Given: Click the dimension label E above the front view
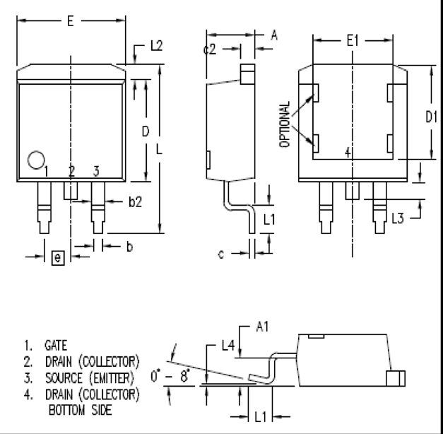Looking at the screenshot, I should click(x=70, y=21).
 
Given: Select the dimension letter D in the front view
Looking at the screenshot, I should click(x=145, y=131).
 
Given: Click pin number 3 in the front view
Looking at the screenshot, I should click(x=96, y=171).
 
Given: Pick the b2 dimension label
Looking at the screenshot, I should click(x=136, y=202).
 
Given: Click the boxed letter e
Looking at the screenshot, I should click(x=58, y=257).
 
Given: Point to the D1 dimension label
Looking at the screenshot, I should click(x=431, y=117).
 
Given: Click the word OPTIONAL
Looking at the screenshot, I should click(x=285, y=124).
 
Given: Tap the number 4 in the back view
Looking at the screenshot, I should click(x=347, y=152).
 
